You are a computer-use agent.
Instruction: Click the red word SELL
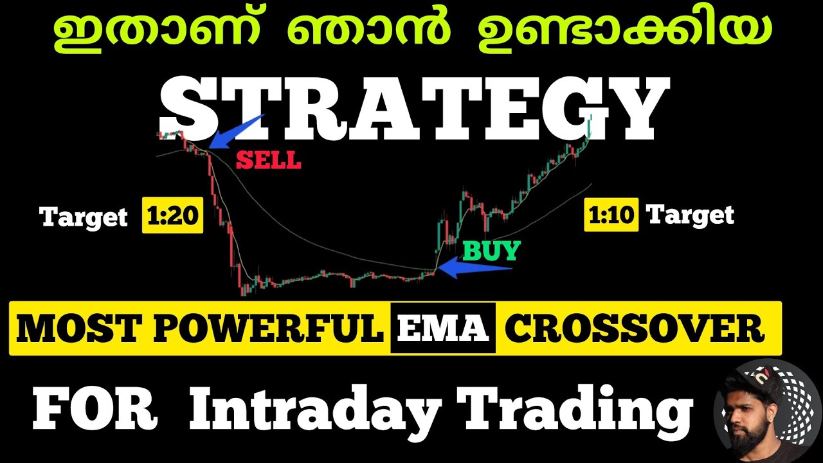(268, 160)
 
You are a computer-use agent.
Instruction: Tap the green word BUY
(491, 250)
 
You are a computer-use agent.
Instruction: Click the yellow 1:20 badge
(172, 215)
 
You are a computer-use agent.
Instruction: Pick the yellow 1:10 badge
(611, 215)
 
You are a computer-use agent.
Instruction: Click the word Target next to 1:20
(84, 217)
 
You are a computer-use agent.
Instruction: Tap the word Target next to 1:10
(689, 214)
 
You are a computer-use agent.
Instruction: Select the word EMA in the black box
(442, 328)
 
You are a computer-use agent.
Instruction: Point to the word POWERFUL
(269, 329)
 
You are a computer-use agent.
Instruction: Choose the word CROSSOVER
(635, 329)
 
